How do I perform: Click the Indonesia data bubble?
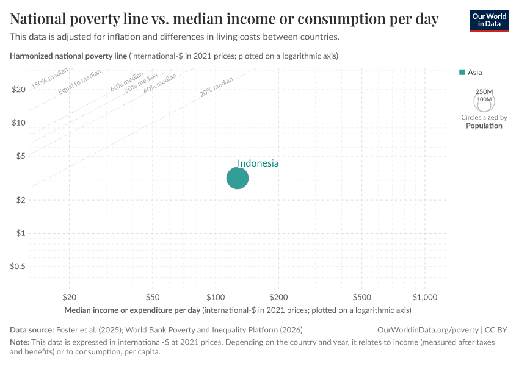[x=238, y=178]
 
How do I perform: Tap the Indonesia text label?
[x=258, y=163]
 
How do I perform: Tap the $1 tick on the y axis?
[x=20, y=233]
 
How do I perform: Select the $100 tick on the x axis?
[x=216, y=297]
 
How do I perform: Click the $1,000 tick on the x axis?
[x=425, y=297]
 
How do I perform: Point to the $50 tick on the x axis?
[x=153, y=297]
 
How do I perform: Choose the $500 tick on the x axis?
[x=362, y=297]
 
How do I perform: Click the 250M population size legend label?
[x=484, y=91]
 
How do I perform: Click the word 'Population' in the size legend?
[x=484, y=126]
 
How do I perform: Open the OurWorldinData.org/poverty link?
[x=425, y=330]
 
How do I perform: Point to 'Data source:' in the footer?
[x=32, y=330]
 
